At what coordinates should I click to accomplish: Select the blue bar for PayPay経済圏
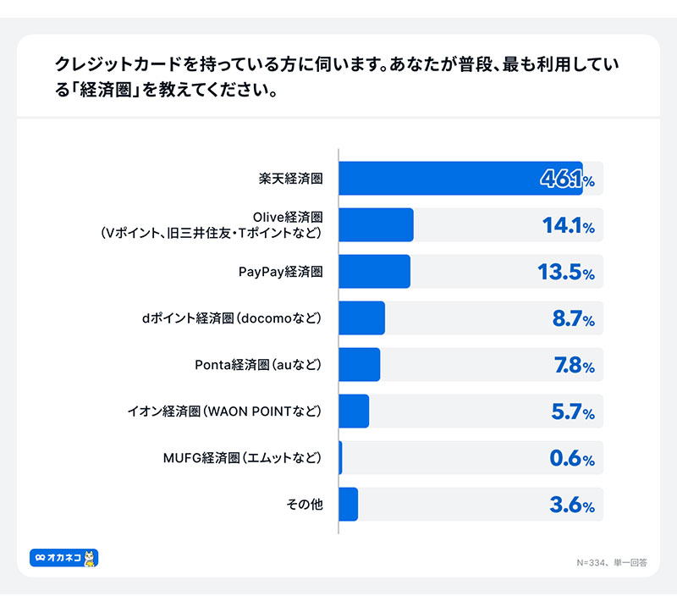coord(374,272)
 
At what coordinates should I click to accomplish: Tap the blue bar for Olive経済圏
coord(376,225)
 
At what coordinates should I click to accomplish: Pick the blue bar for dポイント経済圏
coord(361,318)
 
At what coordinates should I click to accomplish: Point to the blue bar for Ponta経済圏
coord(359,365)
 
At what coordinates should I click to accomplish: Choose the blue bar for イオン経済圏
coord(354,411)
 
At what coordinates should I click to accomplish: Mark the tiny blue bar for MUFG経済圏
coord(340,458)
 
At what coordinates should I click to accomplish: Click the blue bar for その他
coord(348,505)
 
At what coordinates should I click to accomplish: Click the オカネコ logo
coord(64,558)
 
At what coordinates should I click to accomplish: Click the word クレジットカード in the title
coord(118,65)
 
